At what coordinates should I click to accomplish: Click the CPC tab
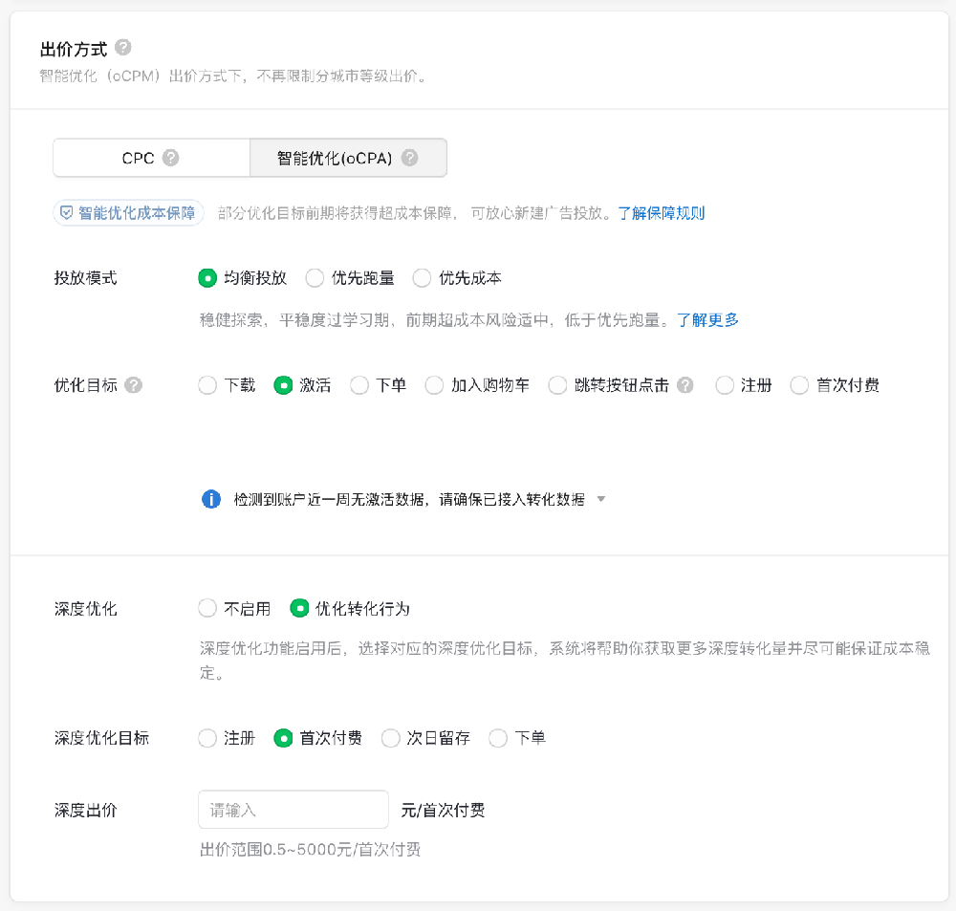151,158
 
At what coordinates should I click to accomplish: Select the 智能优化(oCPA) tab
348,158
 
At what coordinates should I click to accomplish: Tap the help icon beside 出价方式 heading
123,48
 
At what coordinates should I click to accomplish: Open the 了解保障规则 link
661,213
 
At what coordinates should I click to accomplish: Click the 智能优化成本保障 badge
128,213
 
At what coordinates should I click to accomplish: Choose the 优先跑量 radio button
315,278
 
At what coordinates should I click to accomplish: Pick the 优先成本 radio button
422,278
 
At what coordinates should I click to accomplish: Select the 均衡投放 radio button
207,278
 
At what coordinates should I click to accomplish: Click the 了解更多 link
707,319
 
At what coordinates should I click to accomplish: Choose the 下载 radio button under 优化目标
207,385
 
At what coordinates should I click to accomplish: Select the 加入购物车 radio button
434,385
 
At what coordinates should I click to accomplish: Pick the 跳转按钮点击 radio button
557,385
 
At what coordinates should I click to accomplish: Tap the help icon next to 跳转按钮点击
685,385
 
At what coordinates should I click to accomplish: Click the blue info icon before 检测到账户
211,499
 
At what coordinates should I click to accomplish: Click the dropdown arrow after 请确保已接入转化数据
601,499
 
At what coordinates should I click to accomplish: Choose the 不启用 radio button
207,609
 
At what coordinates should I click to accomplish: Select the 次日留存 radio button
390,738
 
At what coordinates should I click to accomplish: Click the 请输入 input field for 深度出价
293,810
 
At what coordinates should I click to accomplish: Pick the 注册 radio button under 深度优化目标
207,738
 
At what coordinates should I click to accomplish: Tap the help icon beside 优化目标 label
134,385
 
